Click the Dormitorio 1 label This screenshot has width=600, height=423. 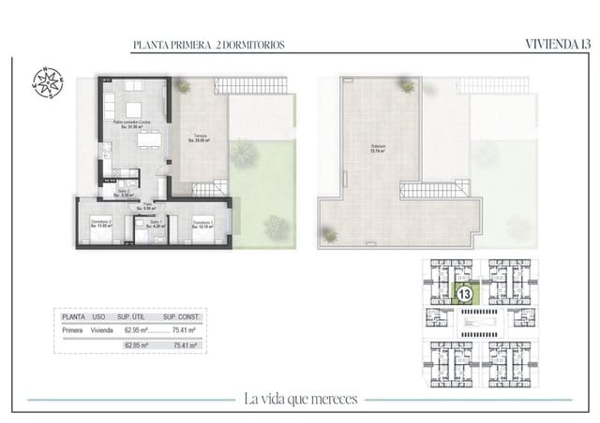[x=203, y=225]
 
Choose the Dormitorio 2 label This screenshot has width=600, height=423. [x=101, y=225]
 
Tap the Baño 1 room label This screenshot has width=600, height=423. [x=156, y=225]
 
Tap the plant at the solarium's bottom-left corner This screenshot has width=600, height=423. [x=329, y=235]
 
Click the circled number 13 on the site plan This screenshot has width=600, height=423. [x=463, y=294]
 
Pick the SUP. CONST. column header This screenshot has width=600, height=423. [x=184, y=318]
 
